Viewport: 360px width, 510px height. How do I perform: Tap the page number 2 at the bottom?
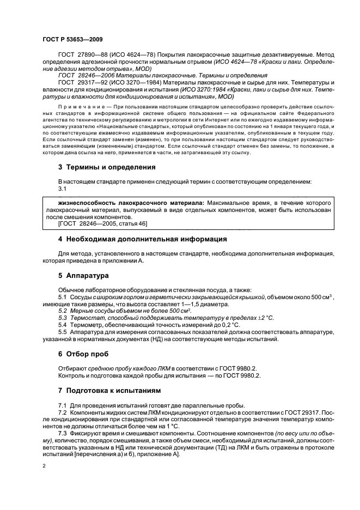tap(44, 466)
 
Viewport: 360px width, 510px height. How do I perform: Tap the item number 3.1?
tap(62, 187)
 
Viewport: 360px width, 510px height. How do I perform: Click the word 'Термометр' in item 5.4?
tap(88, 325)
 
